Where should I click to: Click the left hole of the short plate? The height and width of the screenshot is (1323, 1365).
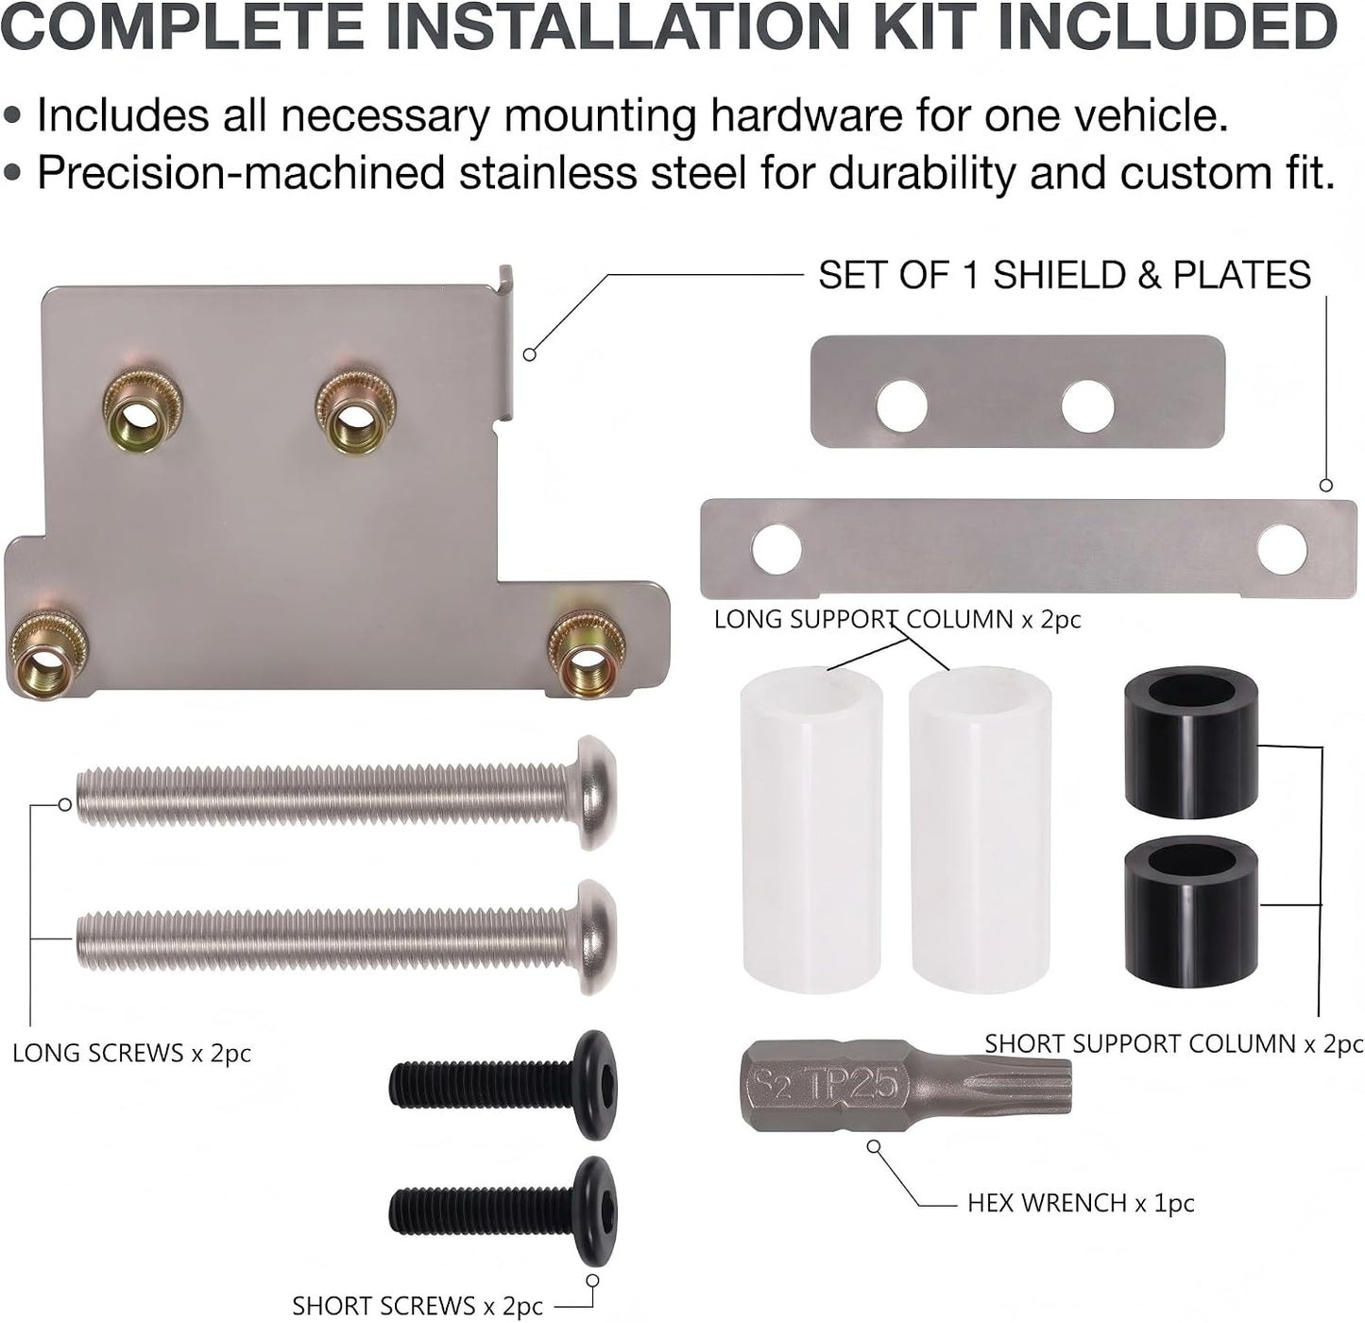coord(902,405)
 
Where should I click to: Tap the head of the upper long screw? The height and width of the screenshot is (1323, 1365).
coord(597,793)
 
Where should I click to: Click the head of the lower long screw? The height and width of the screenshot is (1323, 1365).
coord(597,937)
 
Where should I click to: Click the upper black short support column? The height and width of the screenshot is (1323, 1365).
coord(1191,746)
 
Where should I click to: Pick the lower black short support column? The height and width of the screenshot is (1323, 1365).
coord(1191,913)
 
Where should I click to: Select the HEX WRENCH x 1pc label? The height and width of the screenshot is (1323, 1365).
coord(1081,1203)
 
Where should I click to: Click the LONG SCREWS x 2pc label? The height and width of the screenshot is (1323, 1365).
coord(132,1053)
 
